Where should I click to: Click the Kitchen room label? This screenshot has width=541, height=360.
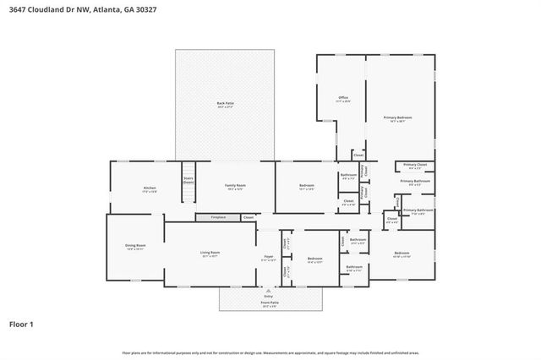tap(149, 188)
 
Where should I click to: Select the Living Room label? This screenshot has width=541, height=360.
tap(210, 253)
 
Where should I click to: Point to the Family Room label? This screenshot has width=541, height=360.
tap(235, 185)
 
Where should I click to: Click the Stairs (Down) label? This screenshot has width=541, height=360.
tap(189, 180)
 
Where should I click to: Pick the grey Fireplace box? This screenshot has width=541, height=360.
tap(217, 218)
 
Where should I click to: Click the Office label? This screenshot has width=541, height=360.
tap(343, 98)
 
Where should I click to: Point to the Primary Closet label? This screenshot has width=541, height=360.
tap(414, 165)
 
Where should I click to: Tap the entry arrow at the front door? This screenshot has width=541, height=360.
tap(269, 292)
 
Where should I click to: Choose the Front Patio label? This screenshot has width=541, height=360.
tap(269, 303)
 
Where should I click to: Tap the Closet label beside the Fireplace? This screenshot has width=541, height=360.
tap(248, 218)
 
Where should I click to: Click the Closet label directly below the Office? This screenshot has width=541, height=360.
tap(358, 155)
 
